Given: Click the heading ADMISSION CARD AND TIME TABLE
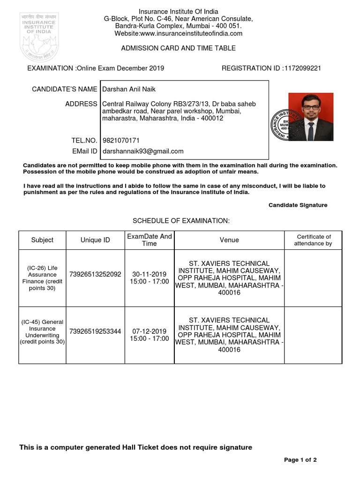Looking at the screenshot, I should (178, 48).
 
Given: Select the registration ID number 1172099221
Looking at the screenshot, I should (302, 68).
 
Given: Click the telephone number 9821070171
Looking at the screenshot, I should (121, 140).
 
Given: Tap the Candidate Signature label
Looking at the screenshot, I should (298, 205).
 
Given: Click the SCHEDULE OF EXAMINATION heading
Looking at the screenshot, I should (181, 221).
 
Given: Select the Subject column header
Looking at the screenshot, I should (42, 240).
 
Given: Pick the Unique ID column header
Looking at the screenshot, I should (95, 240).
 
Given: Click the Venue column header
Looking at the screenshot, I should (229, 240).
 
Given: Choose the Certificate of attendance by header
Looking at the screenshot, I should (313, 240).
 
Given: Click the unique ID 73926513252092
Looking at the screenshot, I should (95, 274).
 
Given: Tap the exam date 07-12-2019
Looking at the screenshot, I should (149, 331).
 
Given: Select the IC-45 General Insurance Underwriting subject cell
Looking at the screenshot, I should (42, 332).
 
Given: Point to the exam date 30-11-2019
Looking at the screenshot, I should (149, 274).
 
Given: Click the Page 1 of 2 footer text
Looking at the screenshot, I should (300, 460).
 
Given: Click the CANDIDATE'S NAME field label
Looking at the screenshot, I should (64, 89).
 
